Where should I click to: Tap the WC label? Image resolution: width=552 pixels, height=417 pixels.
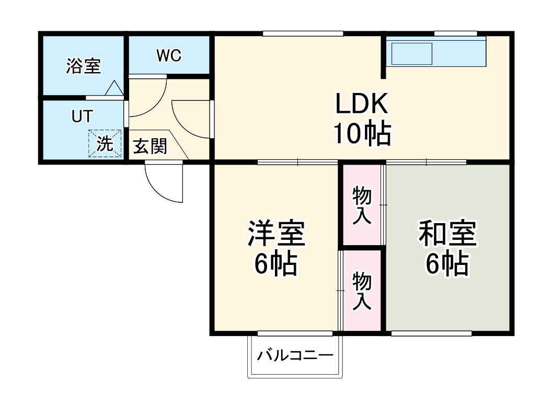pos(168,55)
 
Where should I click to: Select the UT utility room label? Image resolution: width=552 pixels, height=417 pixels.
pos(81,117)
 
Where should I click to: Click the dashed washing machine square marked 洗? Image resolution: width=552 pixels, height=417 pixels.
pos(105,143)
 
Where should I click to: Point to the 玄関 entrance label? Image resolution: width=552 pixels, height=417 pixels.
pos(149,147)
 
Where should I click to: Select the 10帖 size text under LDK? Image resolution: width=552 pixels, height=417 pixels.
pos(362,135)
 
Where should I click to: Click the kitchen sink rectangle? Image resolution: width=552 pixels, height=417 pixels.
pos(412,54)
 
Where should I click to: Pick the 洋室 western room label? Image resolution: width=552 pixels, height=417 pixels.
pos(276,234)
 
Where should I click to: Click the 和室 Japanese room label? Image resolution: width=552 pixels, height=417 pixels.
pos(447,234)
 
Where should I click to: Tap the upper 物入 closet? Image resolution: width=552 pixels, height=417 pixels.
pos(362,205)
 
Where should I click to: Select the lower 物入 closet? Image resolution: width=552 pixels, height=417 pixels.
pos(362,290)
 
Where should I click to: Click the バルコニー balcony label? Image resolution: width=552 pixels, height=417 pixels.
pos(295,356)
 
